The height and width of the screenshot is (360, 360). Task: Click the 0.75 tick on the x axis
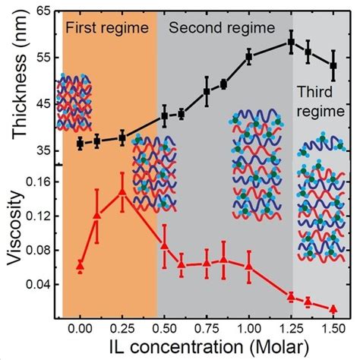[207, 327]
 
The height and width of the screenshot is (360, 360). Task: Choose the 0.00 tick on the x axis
[80, 327]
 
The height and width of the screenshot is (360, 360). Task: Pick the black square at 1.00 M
[248, 57]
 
